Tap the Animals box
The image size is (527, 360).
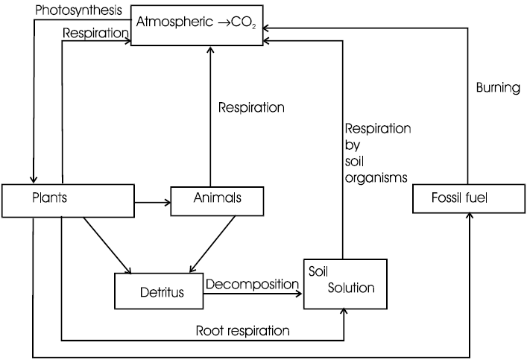(x=218, y=200)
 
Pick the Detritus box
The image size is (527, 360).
(x=160, y=291)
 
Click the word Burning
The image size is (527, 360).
(x=497, y=88)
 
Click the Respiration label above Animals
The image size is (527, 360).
(x=251, y=107)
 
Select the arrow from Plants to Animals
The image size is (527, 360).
(x=152, y=200)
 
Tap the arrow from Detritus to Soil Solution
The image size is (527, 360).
(x=253, y=294)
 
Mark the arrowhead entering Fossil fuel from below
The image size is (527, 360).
(x=469, y=218)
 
